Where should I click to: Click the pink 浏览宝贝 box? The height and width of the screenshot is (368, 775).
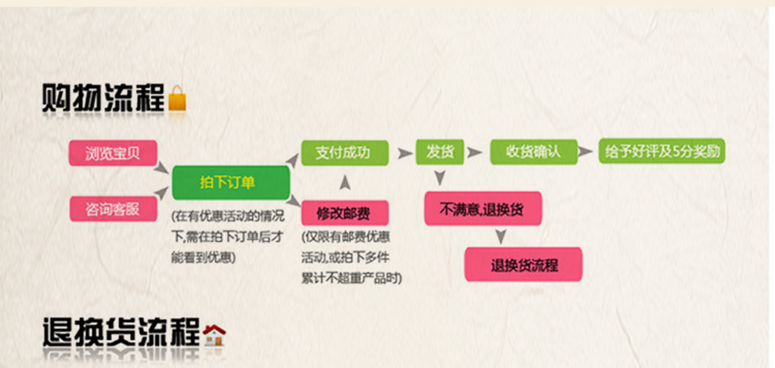click(x=113, y=153)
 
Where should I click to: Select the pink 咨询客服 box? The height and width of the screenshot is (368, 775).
click(x=113, y=209)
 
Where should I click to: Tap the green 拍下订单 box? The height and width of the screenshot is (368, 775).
click(x=230, y=182)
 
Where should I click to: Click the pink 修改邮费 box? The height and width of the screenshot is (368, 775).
click(x=344, y=213)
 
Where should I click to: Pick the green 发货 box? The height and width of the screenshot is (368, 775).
click(x=439, y=153)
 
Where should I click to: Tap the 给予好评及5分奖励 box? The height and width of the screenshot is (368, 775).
click(x=661, y=151)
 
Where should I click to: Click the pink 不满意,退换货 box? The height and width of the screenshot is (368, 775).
click(x=483, y=209)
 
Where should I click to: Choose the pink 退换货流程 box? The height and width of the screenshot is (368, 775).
click(x=524, y=265)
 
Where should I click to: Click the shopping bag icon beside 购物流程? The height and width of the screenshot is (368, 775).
click(x=178, y=98)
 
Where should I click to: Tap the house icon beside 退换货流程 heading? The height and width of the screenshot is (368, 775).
click(x=214, y=335)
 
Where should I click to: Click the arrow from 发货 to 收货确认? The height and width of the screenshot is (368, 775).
click(x=475, y=153)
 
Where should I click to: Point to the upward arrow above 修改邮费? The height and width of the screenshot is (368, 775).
click(x=345, y=182)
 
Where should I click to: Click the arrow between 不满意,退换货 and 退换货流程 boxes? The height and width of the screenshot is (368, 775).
click(x=501, y=236)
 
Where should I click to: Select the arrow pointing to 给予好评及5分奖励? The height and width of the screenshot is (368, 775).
click(x=586, y=151)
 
